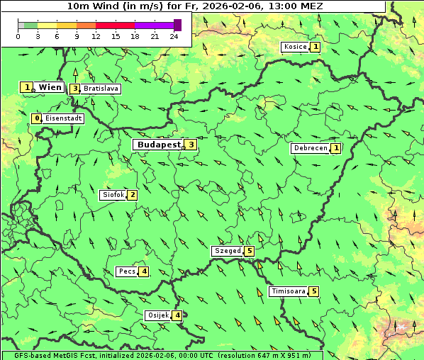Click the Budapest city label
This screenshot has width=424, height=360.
pyautogui.click(x=159, y=145)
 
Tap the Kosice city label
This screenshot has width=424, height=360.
pyautogui.click(x=295, y=47)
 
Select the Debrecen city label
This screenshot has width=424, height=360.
pyautogui.click(x=310, y=148)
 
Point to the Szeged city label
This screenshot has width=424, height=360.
pyautogui.click(x=228, y=251)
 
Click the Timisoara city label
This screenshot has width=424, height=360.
pyautogui.click(x=289, y=291)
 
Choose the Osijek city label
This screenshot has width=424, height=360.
pyautogui.click(x=158, y=315)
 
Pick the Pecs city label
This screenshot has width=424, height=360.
pyautogui.click(x=127, y=271)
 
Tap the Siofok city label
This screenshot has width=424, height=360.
pyautogui.click(x=113, y=195)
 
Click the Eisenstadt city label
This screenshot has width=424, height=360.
pyautogui.click(x=64, y=118)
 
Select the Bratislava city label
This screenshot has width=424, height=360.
pyautogui.click(x=101, y=89)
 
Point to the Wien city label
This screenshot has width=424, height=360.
pyautogui.click(x=50, y=87)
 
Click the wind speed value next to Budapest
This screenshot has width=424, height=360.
pyautogui.click(x=190, y=145)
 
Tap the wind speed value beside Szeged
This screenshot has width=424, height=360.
pyautogui.click(x=249, y=251)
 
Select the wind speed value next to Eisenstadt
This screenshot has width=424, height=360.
pyautogui.click(x=37, y=118)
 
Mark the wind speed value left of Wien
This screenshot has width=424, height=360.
pyautogui.click(x=27, y=87)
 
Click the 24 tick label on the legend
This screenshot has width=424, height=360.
pyautogui.click(x=174, y=36)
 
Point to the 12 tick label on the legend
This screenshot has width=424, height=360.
pyautogui.click(x=96, y=36)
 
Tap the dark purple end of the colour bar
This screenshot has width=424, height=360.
pyautogui.click(x=177, y=25)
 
